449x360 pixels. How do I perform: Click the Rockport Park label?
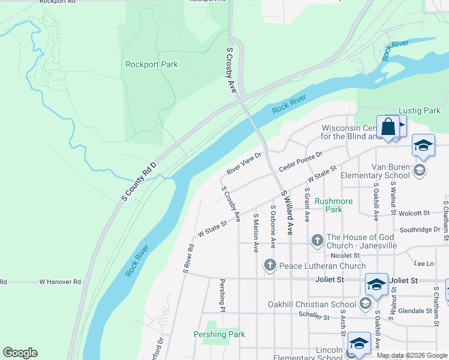tap(151, 64)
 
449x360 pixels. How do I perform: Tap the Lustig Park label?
tap(420, 111)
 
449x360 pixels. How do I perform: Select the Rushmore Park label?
tap(333, 205)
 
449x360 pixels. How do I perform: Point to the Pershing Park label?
tap(219, 334)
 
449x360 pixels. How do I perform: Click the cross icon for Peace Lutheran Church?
tap(270, 265)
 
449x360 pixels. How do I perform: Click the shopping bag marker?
tap(388, 127)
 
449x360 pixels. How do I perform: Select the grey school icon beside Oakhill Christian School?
tap(365, 304)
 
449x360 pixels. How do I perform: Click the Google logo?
tap(20, 353)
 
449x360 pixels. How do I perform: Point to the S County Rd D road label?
tap(139, 181)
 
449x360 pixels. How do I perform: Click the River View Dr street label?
tap(244, 163)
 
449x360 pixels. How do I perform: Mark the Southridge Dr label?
tap(420, 230)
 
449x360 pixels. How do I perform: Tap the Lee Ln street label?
tap(424, 263)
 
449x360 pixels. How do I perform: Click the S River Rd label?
tap(188, 257)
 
